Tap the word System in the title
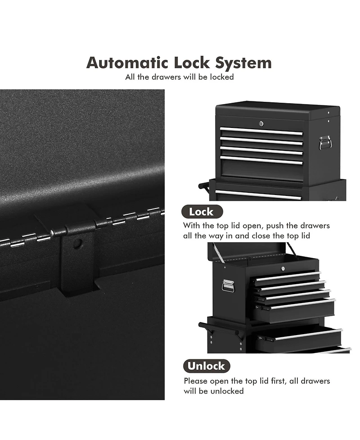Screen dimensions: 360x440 (243, 64)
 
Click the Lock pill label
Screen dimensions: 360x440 (202, 212)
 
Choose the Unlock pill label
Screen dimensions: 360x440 (207, 366)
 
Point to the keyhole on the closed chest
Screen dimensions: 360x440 (261, 123)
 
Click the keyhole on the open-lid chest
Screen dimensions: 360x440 (283, 269)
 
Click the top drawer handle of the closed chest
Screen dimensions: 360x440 (261, 131)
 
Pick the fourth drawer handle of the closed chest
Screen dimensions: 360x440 (261, 160)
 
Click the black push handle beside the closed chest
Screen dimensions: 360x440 (204, 186)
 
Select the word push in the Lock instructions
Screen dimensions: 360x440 (274, 226)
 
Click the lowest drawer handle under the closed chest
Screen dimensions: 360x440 (258, 195)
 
